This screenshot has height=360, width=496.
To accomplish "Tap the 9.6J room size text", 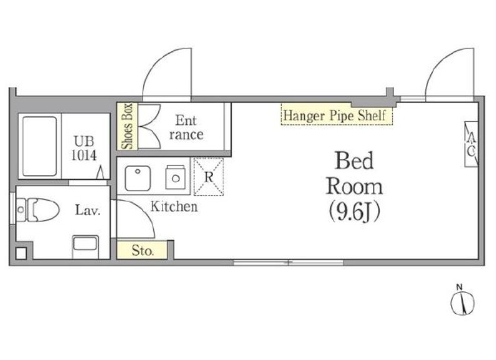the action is click(x=354, y=211).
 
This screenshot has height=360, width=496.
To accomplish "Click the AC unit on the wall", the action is click(x=471, y=144).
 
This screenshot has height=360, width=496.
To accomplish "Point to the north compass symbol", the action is click(x=462, y=302).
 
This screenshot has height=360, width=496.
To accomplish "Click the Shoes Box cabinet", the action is click(x=127, y=126).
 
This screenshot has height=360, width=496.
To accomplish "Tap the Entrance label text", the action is click(x=186, y=127).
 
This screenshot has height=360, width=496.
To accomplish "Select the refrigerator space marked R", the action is click(x=209, y=177).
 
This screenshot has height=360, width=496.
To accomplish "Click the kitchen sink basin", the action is click(x=137, y=178).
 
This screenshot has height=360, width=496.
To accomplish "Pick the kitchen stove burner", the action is click(x=176, y=177).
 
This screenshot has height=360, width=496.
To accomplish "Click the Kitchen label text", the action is click(x=174, y=206).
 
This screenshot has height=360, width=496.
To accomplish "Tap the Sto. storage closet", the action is click(x=142, y=250).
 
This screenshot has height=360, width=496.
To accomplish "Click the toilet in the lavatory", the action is click(x=38, y=209).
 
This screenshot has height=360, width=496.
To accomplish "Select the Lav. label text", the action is click(x=87, y=210).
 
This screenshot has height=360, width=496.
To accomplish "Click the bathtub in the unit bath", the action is click(x=40, y=146).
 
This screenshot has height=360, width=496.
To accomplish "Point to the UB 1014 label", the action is click(x=84, y=148).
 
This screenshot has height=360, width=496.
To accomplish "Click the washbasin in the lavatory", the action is click(x=86, y=246).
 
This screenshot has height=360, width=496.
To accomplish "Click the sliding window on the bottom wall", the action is click(x=289, y=262).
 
